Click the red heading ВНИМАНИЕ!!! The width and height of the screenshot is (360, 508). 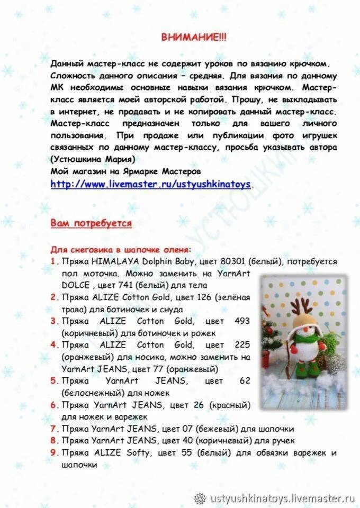(x=193, y=37)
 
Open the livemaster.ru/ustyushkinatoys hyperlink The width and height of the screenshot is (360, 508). (x=151, y=184)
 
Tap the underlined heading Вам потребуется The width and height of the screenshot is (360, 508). (x=91, y=223)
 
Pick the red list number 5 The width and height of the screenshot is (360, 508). (x=54, y=380)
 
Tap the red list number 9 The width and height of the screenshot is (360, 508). (x=54, y=453)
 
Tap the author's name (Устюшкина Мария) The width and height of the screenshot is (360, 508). (x=93, y=159)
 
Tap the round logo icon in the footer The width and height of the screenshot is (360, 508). (x=200, y=498)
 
